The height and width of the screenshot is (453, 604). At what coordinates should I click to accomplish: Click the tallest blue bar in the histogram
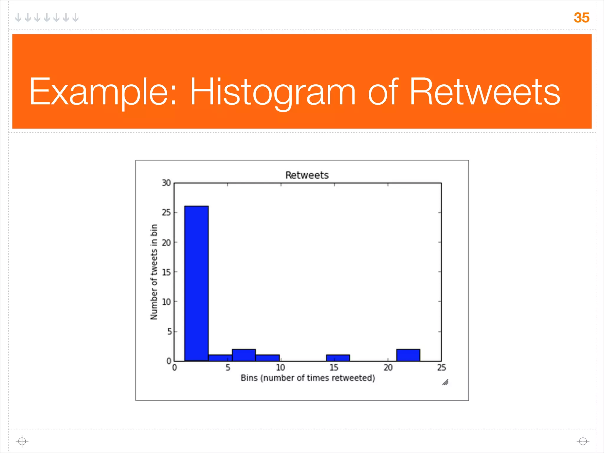196,283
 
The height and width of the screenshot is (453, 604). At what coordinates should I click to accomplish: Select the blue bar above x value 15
338,358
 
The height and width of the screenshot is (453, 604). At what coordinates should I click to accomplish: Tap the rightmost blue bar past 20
408,355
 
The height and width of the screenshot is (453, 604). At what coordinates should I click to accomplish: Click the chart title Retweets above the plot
307,175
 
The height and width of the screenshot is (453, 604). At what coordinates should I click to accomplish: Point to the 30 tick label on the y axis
166,183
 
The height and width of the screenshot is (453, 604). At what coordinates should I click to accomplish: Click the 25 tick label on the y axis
166,212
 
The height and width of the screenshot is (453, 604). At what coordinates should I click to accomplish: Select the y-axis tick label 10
166,302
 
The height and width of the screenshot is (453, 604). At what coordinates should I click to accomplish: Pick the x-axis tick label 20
388,367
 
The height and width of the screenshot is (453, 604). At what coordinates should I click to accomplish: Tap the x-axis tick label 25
441,367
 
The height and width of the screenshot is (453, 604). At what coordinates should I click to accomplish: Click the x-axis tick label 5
228,367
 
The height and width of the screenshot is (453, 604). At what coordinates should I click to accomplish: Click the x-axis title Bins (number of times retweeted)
308,378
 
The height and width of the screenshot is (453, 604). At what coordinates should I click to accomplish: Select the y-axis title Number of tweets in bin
154,272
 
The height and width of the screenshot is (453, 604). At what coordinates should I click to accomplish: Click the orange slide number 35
581,18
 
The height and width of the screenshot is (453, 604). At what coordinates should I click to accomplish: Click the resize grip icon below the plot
445,382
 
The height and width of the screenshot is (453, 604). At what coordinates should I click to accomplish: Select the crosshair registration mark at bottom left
22,441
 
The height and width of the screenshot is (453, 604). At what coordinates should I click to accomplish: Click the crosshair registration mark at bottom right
583,441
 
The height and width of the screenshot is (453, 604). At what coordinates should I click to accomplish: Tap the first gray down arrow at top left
18,17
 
